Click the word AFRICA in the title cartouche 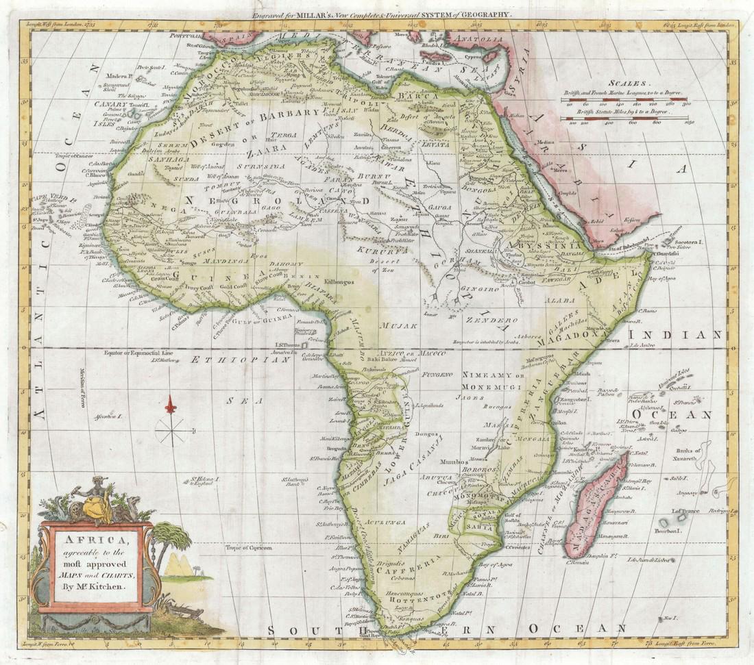click(x=96, y=538)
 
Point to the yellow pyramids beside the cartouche click(x=179, y=564)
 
